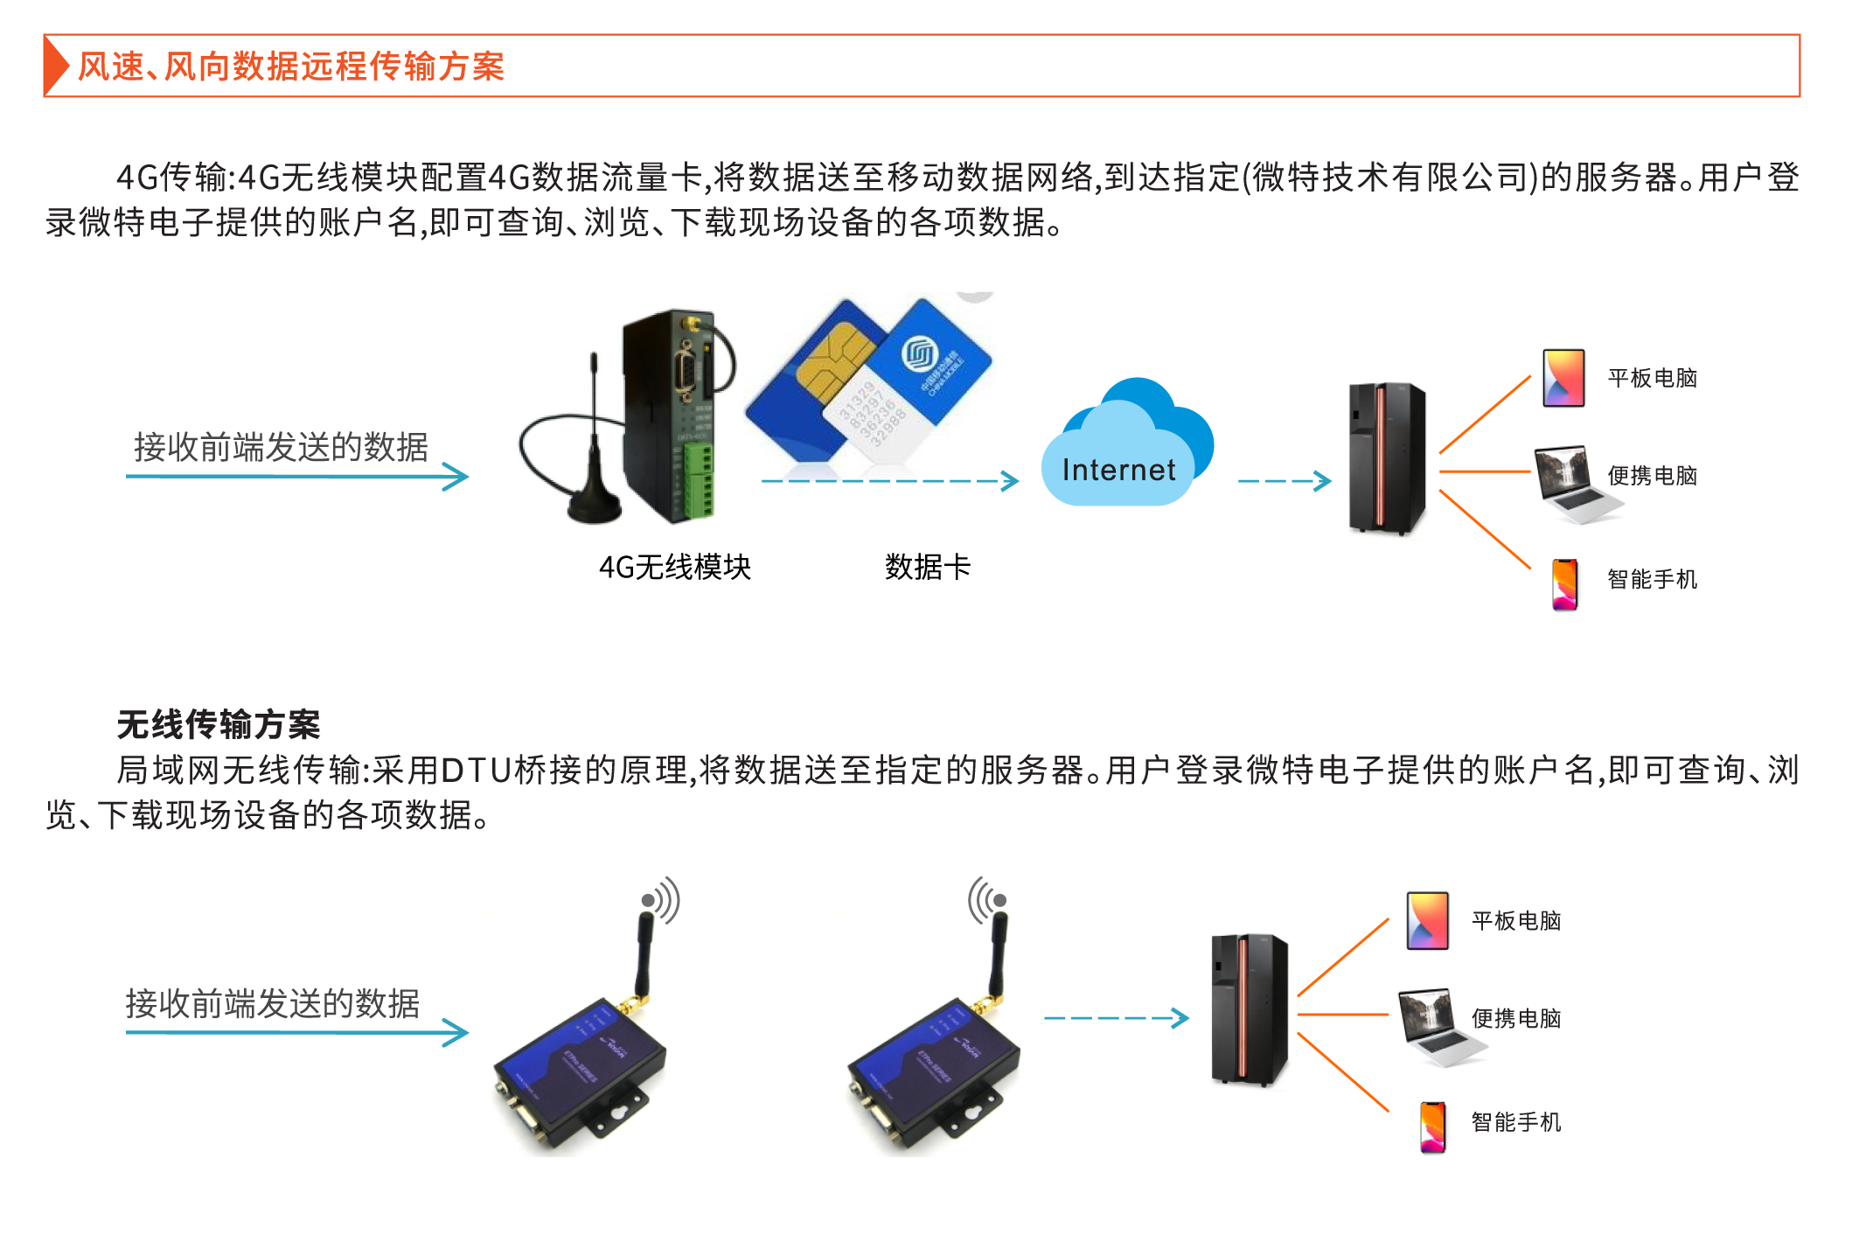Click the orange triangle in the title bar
click(x=56, y=66)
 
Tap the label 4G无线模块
click(x=674, y=567)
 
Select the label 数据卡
click(x=927, y=567)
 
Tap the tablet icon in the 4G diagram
click(x=1563, y=378)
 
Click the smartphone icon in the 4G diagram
click(x=1564, y=583)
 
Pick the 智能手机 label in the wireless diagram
click(x=1515, y=1121)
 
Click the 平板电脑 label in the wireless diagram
click(x=1515, y=920)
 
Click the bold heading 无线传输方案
click(x=219, y=724)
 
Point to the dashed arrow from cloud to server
click(x=1284, y=480)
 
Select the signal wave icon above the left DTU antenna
click(x=663, y=900)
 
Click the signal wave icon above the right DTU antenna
click(x=986, y=900)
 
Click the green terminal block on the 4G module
click(x=699, y=481)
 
